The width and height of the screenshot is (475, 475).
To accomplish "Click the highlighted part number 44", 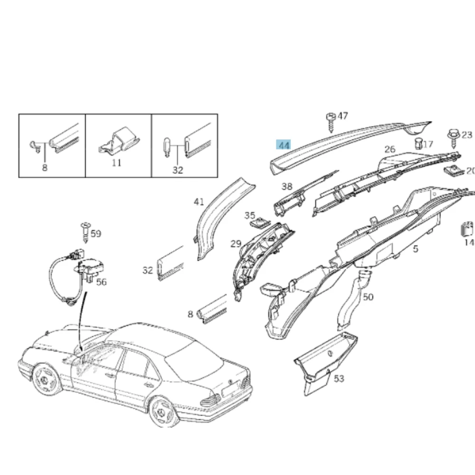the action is (x=283, y=145).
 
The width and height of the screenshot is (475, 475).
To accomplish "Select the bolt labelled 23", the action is (x=454, y=139).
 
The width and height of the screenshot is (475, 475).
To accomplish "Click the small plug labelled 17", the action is (x=418, y=143).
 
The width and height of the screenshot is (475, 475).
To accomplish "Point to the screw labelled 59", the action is (x=85, y=232).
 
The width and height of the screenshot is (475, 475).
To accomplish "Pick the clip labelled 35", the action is (x=260, y=223).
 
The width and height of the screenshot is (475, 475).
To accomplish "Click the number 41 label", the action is (x=199, y=202).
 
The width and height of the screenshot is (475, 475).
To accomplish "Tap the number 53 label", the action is (x=339, y=379).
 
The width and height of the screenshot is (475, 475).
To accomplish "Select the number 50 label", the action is (x=368, y=297).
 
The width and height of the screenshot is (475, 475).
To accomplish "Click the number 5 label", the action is (x=415, y=249).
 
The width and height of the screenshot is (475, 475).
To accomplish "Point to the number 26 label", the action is (x=390, y=149).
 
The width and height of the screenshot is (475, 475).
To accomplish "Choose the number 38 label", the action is (x=287, y=186).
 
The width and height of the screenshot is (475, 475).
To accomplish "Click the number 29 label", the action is (x=236, y=244).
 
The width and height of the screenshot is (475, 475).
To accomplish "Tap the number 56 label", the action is (x=101, y=282).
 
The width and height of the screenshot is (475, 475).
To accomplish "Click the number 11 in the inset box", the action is (x=117, y=162).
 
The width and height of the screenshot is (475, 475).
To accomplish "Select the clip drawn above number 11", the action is (x=119, y=141).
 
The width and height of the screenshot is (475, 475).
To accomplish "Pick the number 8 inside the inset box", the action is (x=45, y=168).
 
